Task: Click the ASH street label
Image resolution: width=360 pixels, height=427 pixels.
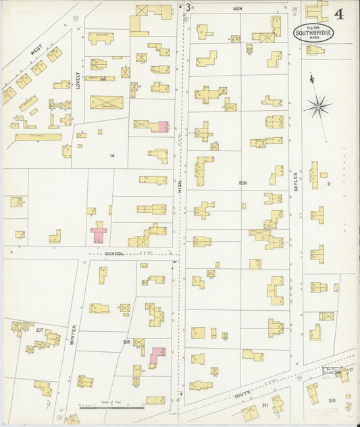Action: coord(237,9)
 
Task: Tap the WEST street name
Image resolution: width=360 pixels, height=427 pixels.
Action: coord(36,51)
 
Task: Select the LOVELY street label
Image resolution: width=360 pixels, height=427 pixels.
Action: coord(78,80)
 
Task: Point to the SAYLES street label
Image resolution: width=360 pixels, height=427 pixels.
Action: coord(296,182)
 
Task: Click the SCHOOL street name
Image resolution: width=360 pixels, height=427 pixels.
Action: coord(115,253)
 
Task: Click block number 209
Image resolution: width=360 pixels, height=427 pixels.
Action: coord(242,183)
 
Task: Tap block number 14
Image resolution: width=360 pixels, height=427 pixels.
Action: coord(113,155)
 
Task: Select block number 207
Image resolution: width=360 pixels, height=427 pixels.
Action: coord(40,330)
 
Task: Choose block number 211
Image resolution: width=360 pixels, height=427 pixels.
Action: coord(265,405)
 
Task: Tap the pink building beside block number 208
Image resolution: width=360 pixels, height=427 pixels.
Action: coord(157,354)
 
